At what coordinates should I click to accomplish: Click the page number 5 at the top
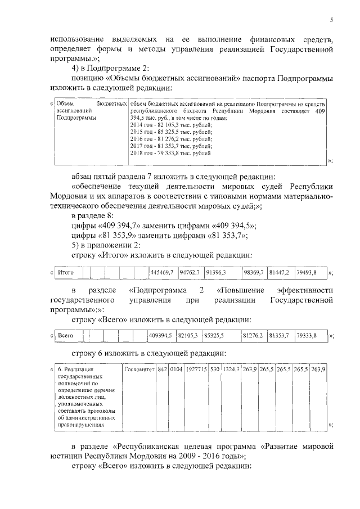point(331,20)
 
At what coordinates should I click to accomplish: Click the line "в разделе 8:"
point(93,216)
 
